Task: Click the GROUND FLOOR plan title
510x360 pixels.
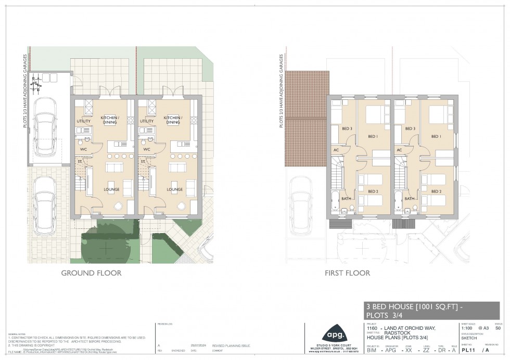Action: (92, 273)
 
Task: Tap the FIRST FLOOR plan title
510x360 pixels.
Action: (348, 273)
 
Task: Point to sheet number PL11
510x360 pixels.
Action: (467, 351)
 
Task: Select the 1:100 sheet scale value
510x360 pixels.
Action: (467, 328)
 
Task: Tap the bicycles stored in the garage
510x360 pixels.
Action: (37, 82)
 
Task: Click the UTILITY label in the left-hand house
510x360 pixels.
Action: (83, 121)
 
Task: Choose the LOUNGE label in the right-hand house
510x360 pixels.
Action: (174, 189)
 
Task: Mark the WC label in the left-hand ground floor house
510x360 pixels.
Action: (83, 149)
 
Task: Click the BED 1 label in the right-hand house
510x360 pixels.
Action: (436, 136)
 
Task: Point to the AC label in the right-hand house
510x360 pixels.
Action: (400, 150)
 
